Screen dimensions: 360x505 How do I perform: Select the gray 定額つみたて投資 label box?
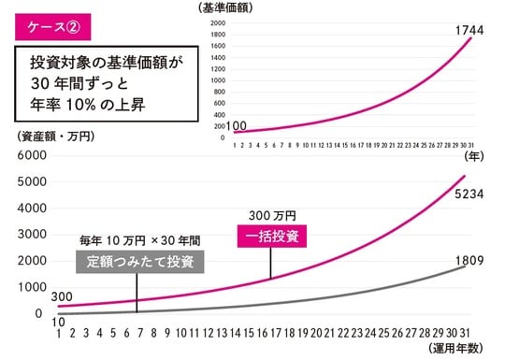click(x=140, y=261)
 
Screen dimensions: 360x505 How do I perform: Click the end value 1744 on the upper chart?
click(x=469, y=33)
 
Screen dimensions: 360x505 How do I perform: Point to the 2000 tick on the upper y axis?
click(x=217, y=22)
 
